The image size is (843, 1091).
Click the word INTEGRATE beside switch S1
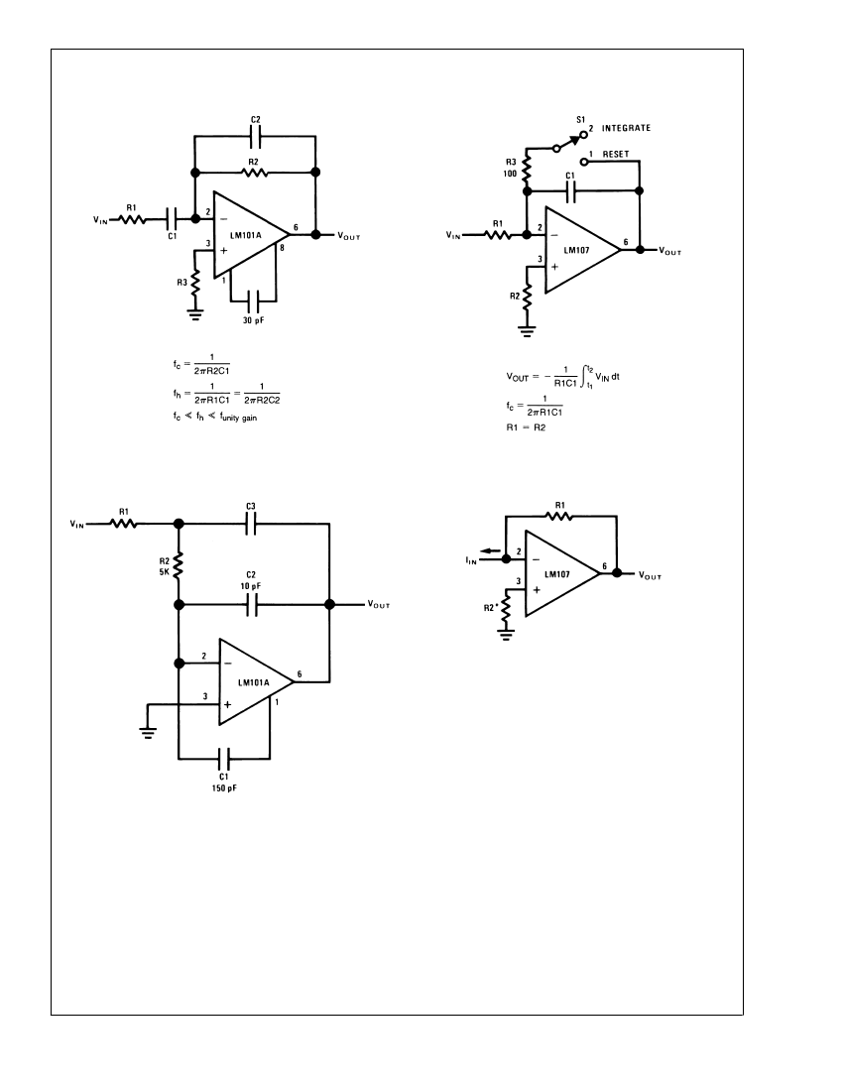(x=626, y=128)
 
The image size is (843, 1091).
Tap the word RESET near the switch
(x=616, y=155)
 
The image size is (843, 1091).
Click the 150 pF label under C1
(x=224, y=788)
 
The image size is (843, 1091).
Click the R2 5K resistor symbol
(x=179, y=565)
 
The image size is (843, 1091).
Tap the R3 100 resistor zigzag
(x=527, y=168)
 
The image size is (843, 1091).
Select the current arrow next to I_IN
(x=490, y=550)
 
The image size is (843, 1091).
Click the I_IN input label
(x=471, y=560)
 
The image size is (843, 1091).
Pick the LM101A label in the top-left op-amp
(x=246, y=235)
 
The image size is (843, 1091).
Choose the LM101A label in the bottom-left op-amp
(x=253, y=682)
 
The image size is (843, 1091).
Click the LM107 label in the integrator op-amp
(x=576, y=251)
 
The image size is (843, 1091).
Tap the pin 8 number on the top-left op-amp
(x=282, y=248)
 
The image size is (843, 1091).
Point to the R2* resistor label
(x=490, y=607)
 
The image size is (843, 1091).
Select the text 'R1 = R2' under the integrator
(x=526, y=427)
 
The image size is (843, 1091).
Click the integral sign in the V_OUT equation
(x=584, y=377)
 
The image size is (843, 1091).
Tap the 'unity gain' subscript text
(x=240, y=418)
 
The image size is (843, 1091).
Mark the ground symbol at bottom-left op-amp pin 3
(x=148, y=731)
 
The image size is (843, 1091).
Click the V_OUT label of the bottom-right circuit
(x=650, y=575)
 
